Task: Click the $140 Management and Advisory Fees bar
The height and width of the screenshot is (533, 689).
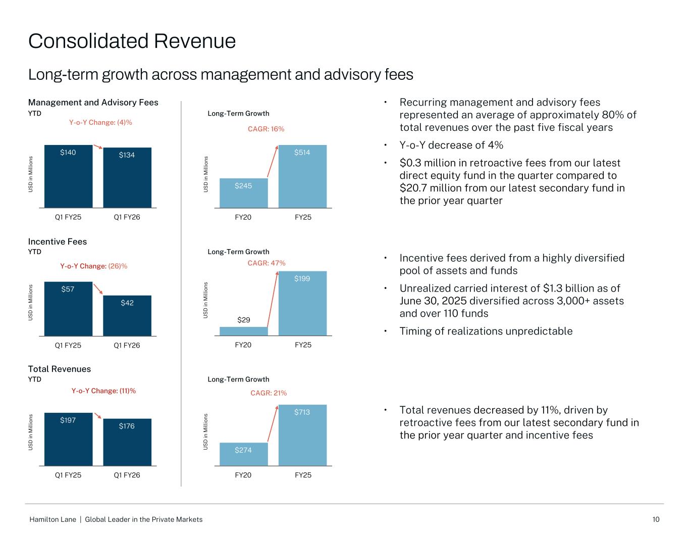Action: [69, 176]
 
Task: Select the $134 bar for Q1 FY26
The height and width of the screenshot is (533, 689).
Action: [127, 178]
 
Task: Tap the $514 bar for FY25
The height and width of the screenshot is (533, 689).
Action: [302, 176]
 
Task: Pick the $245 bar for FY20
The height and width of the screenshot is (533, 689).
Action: [243, 193]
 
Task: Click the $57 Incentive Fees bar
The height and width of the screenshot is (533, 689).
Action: [69, 309]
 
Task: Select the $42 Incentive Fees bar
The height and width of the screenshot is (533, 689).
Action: [127, 316]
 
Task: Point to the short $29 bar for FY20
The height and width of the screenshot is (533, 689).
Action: [243, 331]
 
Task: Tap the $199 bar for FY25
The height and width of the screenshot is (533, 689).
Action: [302, 303]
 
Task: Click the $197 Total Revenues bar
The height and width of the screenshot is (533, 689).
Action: [69, 440]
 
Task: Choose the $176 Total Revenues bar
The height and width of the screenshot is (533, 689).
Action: [127, 442]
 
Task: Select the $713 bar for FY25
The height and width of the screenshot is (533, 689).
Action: [302, 435]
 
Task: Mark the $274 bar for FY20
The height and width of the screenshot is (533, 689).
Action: [243, 454]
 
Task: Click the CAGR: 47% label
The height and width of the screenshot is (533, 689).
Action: [267, 263]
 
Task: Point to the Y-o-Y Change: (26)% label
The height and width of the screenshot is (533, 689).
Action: [94, 266]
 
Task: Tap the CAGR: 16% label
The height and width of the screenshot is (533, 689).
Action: [266, 129]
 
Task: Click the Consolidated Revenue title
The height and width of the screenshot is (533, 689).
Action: [132, 41]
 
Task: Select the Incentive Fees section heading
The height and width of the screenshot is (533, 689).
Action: [58, 241]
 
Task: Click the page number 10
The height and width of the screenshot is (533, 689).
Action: [656, 519]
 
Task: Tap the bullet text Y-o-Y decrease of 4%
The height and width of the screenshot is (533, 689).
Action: [451, 146]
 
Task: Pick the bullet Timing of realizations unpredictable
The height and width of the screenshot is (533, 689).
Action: [486, 331]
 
